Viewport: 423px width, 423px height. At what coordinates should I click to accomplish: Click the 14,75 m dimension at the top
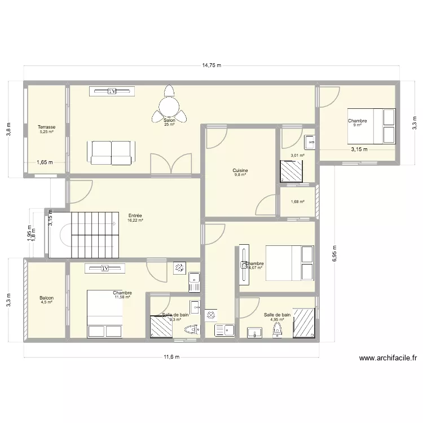[x=211, y=65]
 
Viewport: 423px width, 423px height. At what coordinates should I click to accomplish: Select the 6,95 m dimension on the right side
[x=334, y=252]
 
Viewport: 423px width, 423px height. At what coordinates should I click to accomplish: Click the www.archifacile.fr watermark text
[x=388, y=358]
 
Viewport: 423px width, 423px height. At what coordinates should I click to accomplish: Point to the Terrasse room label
[x=46, y=127]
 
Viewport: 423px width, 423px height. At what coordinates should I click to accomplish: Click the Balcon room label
[x=46, y=298]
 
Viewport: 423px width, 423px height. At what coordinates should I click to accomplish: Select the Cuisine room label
[x=240, y=170]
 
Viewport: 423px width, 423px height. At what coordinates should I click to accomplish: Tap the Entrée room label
[x=135, y=215]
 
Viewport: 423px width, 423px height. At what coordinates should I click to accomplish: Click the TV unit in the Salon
[x=112, y=91]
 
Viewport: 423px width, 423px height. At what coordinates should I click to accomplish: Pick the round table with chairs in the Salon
[x=169, y=104]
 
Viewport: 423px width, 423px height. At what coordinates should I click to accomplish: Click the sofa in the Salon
[x=112, y=151]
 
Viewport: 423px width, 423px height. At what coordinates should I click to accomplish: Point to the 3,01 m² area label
[x=297, y=156]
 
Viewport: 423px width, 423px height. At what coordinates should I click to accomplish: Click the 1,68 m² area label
[x=297, y=201]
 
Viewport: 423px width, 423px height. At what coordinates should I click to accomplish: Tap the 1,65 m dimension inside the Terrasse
[x=45, y=163]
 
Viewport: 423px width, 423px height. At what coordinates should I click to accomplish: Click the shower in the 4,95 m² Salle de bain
[x=303, y=323]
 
